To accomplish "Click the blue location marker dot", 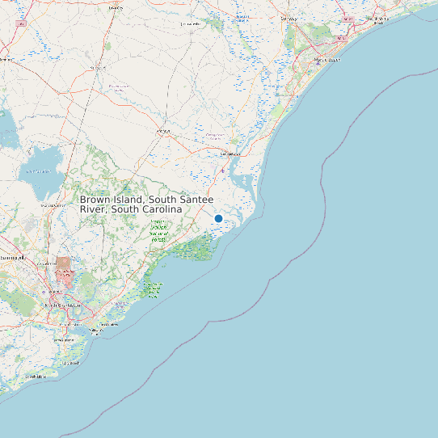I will [218, 218].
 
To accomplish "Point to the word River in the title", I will [93, 209].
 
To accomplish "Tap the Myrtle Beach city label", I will [327, 60].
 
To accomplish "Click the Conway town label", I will [288, 18].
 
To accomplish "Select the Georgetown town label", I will [231, 153].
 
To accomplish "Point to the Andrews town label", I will [163, 130].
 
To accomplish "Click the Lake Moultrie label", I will [36, 171].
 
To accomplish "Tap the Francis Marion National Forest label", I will [158, 230].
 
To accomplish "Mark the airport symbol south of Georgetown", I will [224, 171].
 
